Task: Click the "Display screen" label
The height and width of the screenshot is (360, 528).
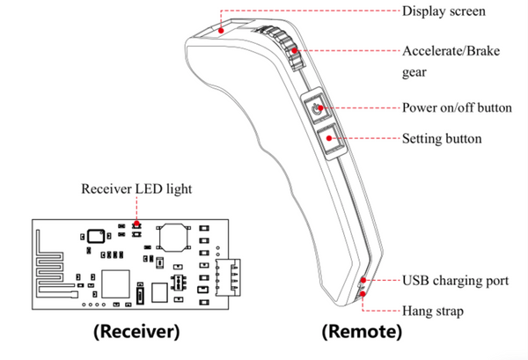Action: [x=444, y=11]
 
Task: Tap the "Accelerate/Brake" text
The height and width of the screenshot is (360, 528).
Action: [x=451, y=51]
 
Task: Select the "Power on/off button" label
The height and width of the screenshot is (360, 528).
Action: [x=457, y=107]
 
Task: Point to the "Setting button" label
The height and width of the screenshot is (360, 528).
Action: [x=442, y=139]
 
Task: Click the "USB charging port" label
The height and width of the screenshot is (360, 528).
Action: [x=455, y=281]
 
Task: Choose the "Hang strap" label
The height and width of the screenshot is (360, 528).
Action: [x=433, y=312]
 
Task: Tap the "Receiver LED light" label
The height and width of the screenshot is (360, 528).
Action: [x=136, y=188]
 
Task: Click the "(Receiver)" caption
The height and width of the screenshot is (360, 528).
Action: [x=136, y=331]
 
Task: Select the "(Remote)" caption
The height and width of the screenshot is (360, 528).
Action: [x=362, y=331]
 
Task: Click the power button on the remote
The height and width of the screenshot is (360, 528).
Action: [x=316, y=107]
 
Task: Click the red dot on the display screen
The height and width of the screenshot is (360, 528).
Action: [x=221, y=31]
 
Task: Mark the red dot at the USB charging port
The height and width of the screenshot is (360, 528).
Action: [x=363, y=280]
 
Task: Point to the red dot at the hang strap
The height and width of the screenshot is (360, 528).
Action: [x=363, y=294]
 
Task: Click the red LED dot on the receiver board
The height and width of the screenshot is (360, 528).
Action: [x=136, y=224]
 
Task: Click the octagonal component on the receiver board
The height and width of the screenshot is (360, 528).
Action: [x=173, y=238]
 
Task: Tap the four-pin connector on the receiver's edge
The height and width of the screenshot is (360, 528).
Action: [x=228, y=277]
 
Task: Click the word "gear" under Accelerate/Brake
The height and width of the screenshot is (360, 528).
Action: [x=414, y=73]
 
